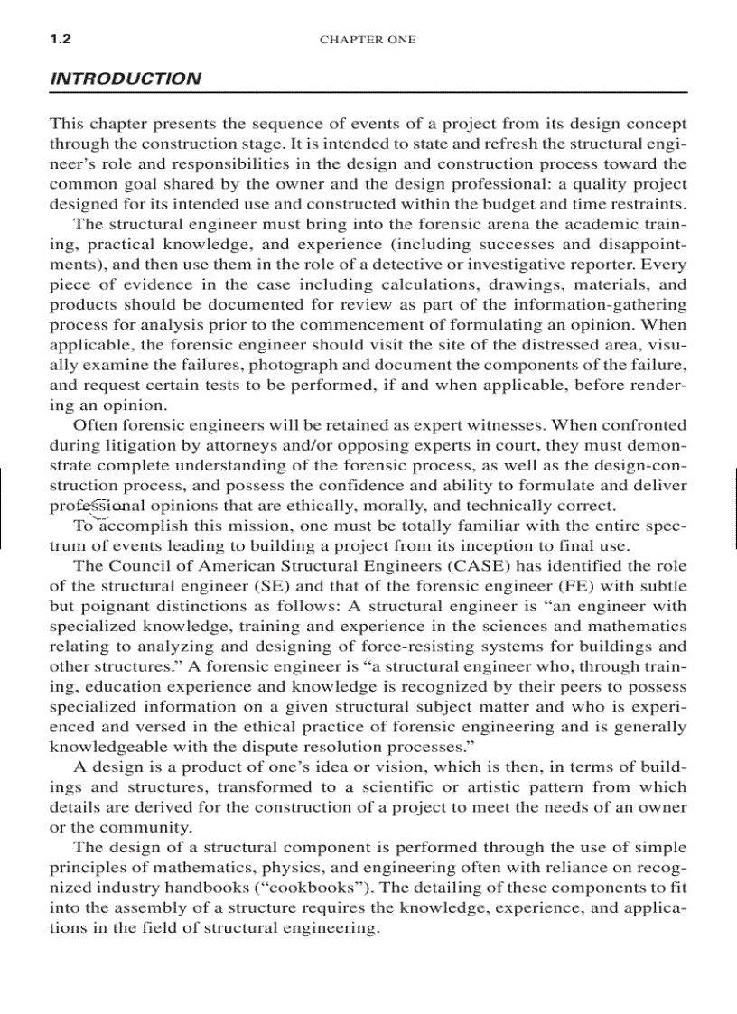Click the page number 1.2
pos(61,40)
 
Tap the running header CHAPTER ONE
pos(368,40)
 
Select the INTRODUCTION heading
pos(126,79)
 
